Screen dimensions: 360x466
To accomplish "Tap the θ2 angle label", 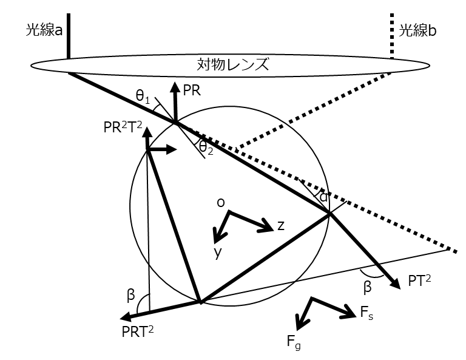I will tap(207, 148).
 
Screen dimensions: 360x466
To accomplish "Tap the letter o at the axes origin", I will tap(221, 203).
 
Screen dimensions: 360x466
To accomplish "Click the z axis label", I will tap(280, 225).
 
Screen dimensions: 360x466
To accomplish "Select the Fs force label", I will tap(366, 313).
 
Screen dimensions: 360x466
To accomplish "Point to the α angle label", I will tap(323, 197).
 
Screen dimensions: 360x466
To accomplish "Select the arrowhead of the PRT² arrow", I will tap(125, 317).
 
